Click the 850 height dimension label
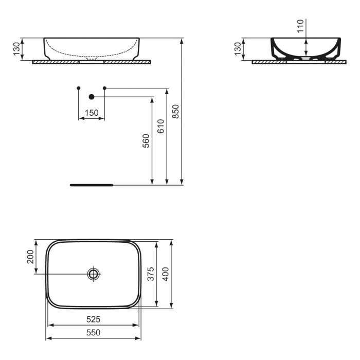tap(175, 111)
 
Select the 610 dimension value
tap(160, 126)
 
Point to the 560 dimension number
tap(146, 140)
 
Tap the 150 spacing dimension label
tap(91, 113)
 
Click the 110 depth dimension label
tap(301, 26)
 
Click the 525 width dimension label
tap(93, 319)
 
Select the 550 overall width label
tap(93, 333)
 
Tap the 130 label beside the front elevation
tap(16, 49)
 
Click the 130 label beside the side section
tap(237, 49)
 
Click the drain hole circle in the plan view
tap(93, 274)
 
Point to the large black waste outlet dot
tap(92, 97)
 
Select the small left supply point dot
tap(78, 88)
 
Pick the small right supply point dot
tap(105, 88)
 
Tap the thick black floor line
tap(91, 184)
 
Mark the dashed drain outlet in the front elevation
tap(93, 59)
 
